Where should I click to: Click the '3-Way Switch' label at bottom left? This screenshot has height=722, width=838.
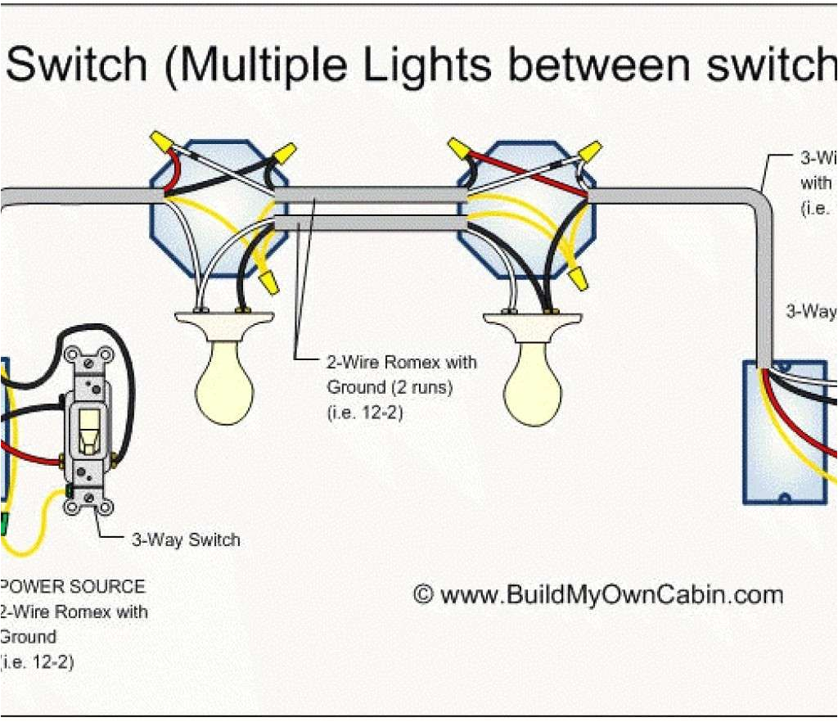(x=186, y=539)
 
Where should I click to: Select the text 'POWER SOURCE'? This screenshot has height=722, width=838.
(x=73, y=587)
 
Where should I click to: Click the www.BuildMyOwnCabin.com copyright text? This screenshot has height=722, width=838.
(x=598, y=593)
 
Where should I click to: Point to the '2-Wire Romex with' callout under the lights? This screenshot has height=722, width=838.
(x=401, y=362)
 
